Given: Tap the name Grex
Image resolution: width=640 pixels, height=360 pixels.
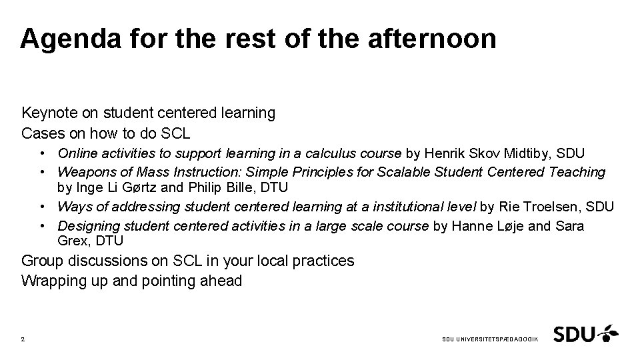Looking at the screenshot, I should point(73,240).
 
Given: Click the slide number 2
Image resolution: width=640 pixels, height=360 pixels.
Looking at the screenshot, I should point(23,339).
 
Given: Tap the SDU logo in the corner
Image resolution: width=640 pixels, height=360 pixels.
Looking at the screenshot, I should point(585,333).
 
